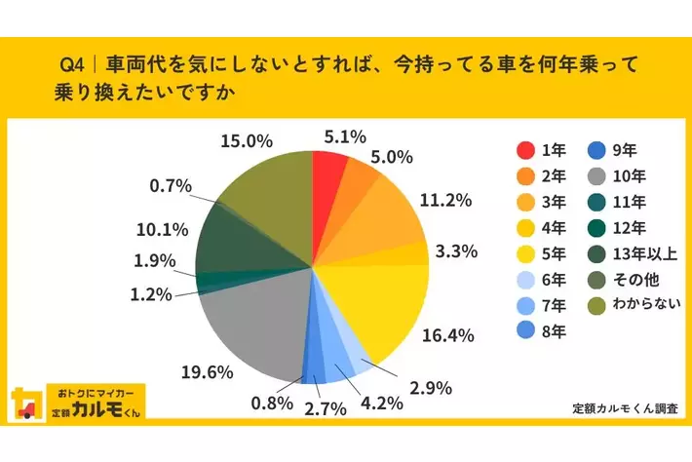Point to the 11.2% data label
click(x=447, y=201)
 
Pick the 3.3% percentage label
click(x=455, y=251)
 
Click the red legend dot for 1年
click(x=525, y=150)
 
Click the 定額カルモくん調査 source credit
click(x=625, y=408)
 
